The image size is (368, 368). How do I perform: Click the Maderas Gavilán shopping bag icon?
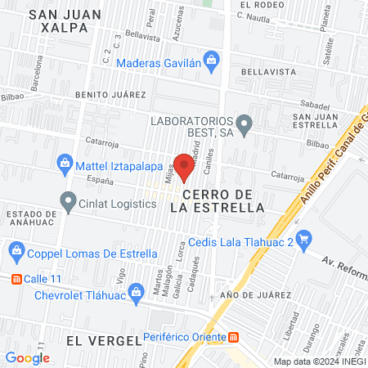[x=212, y=59]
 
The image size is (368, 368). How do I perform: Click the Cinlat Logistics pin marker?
[x=68, y=199]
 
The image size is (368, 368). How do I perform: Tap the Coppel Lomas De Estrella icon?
[x=14, y=249]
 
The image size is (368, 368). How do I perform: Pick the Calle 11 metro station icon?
[x=15, y=278]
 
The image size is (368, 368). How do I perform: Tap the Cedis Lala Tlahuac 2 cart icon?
[x=304, y=240]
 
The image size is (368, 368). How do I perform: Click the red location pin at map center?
[x=184, y=167]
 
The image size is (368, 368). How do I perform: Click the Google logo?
[x=27, y=357]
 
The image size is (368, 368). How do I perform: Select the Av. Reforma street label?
[x=341, y=263]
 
